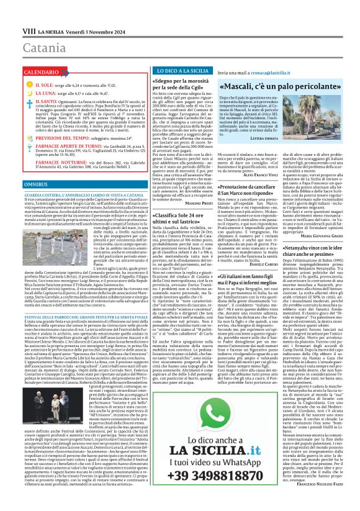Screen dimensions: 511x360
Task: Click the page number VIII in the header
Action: pos(12,13)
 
